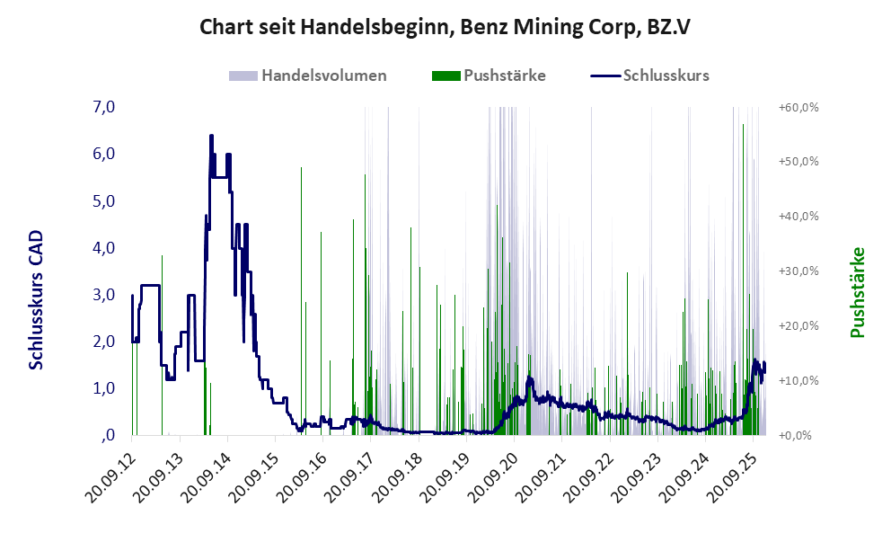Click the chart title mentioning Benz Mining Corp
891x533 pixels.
point(445,27)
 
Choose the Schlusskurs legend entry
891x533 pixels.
point(666,76)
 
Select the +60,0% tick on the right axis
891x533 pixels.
point(798,108)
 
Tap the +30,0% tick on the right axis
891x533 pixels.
point(798,271)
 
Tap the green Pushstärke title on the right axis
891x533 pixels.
point(857,292)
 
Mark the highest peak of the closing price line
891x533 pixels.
point(211,136)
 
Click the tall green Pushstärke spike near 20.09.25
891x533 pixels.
point(743,126)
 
